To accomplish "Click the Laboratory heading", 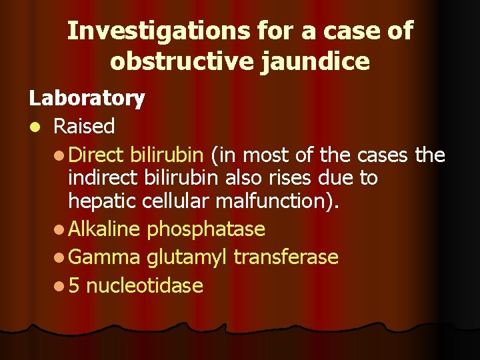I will tap(87, 99).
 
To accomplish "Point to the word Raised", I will tap(84, 125).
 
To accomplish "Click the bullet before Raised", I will tap(33, 126).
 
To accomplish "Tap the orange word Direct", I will tap(95, 155).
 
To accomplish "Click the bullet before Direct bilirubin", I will tap(59, 156).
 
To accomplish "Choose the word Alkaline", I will tap(104, 229).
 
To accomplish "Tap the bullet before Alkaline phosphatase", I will tap(59, 230).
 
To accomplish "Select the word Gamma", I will tap(104, 257).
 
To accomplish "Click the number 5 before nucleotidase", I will tap(74, 286).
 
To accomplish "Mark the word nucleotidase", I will tap(145, 286).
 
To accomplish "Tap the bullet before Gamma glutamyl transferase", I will tap(59, 258).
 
